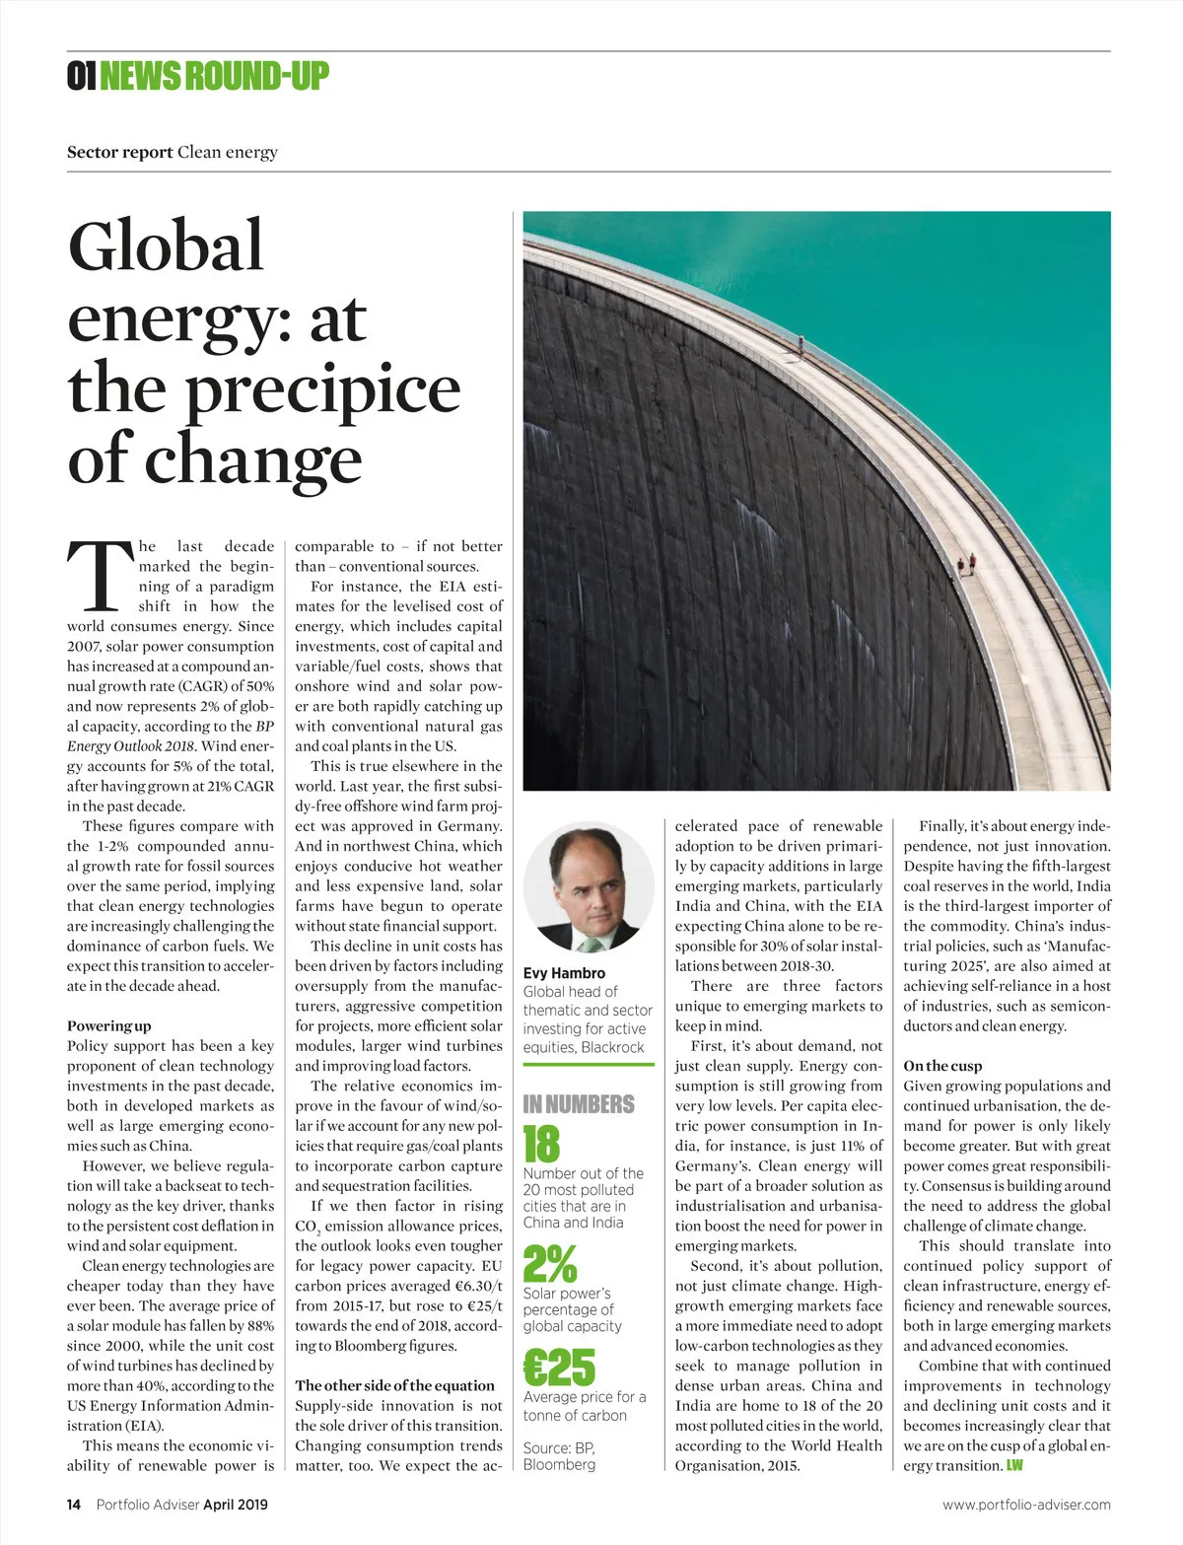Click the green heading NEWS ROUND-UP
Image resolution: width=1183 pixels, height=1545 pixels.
(x=214, y=76)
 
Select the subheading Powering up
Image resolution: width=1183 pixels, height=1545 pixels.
(x=109, y=1025)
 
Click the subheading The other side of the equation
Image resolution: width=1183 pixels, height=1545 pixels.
(x=394, y=1385)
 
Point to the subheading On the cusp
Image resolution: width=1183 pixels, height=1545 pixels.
(x=942, y=1066)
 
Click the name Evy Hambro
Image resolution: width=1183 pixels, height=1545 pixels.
(x=564, y=973)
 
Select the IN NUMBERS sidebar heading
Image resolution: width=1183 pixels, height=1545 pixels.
(x=579, y=1104)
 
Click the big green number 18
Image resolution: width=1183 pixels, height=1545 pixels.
(x=541, y=1145)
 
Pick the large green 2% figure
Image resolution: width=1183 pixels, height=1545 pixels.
(x=550, y=1264)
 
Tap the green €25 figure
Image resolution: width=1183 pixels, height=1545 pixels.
(x=559, y=1368)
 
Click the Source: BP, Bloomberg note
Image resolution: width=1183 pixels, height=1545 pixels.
(x=559, y=1456)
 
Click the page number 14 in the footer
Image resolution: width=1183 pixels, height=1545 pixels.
(x=74, y=1505)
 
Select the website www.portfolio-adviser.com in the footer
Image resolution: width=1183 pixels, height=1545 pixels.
(x=1026, y=1505)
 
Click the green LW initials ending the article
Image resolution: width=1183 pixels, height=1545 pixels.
(x=1014, y=1465)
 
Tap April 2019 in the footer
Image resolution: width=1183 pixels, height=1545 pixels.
(x=236, y=1505)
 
